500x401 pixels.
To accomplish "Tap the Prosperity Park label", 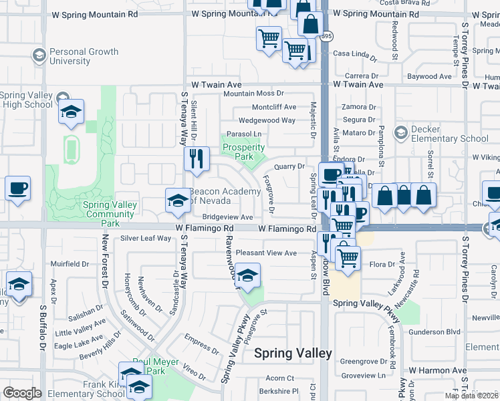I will pos(243,152).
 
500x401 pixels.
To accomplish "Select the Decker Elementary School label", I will pos(451,134).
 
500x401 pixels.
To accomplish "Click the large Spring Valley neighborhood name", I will pos(293,353).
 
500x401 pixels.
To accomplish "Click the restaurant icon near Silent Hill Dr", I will pos(197,158).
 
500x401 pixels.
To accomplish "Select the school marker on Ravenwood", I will pos(247,276).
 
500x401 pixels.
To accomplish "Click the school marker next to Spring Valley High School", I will pos(70,112).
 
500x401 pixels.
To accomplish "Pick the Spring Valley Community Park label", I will pos(110,210).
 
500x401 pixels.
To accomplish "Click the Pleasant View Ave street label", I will pos(266,253).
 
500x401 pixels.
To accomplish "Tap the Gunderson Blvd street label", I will pos(435,331).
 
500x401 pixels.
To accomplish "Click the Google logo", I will pos(22,393).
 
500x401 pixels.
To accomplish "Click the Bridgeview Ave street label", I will pos(227,217).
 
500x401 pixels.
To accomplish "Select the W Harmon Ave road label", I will pos(438,370).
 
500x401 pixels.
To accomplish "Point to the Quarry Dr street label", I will pos(291,166).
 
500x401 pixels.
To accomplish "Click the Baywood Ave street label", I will pos(430,77).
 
